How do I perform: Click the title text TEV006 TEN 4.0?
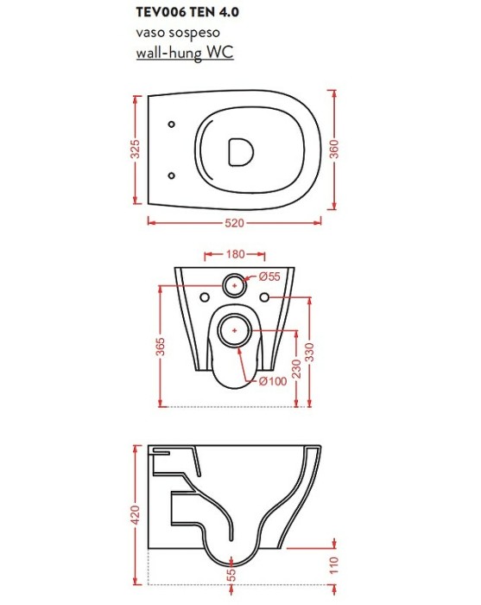pyautogui.click(x=187, y=12)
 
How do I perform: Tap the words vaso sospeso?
pyautogui.click(x=178, y=33)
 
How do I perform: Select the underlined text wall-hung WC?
pyautogui.click(x=185, y=52)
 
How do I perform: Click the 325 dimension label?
pyautogui.click(x=135, y=149)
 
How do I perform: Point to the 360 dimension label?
pyautogui.click(x=334, y=149)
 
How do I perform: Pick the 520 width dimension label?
pyautogui.click(x=234, y=223)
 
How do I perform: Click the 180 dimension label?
pyautogui.click(x=235, y=254)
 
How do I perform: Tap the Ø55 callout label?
pyautogui.click(x=269, y=277)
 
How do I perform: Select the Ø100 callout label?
pyautogui.click(x=273, y=381)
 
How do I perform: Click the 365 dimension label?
pyautogui.click(x=160, y=347)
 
